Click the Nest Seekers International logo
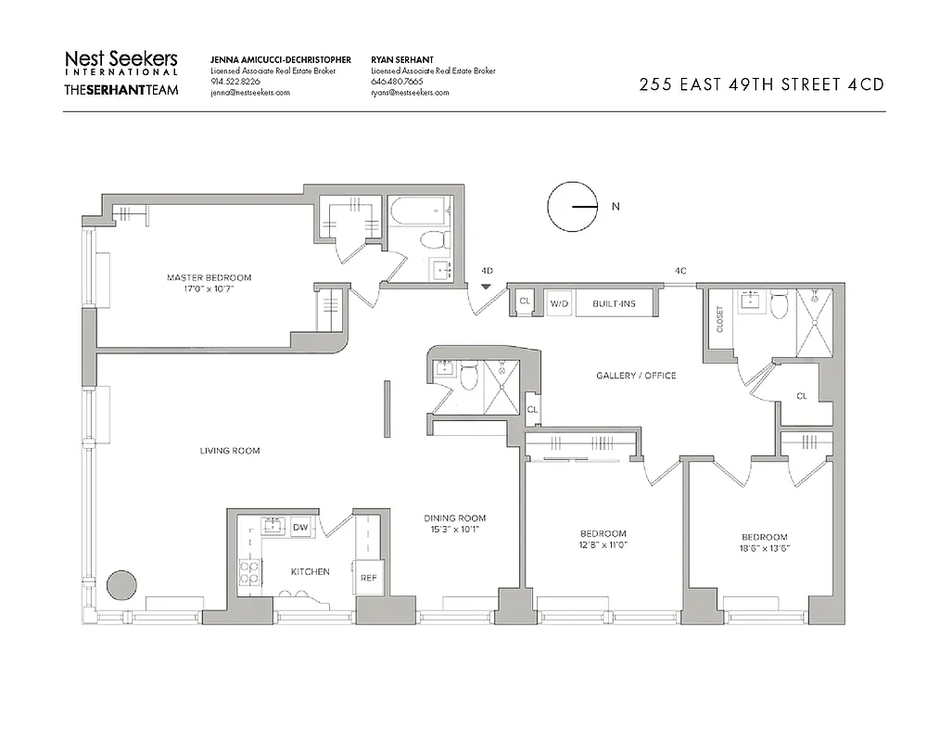[x=121, y=62]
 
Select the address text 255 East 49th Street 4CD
[x=761, y=84]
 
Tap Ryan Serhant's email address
[x=410, y=93]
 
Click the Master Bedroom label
[x=209, y=277]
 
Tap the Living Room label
[x=230, y=451]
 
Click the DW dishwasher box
[x=300, y=528]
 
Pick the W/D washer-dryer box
[x=559, y=303]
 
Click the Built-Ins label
[x=615, y=303]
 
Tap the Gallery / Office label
[x=636, y=376]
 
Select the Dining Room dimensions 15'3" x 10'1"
[x=454, y=531]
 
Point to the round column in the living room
[x=121, y=586]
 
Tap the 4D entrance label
[x=488, y=271]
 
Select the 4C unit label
[x=680, y=271]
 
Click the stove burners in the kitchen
[x=249, y=571]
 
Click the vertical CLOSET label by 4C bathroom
[x=720, y=319]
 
